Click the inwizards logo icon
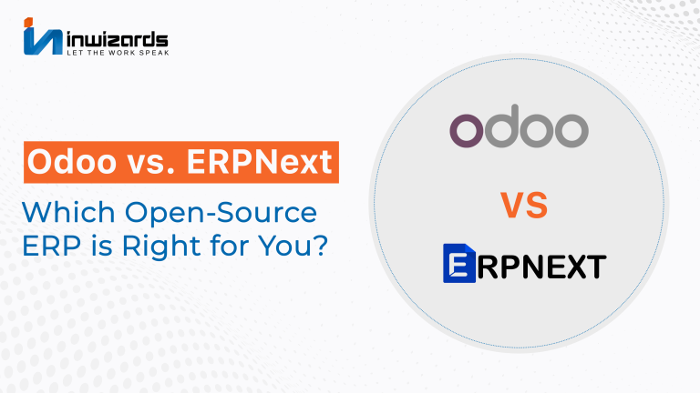click(x=43, y=36)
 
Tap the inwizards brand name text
click(x=118, y=39)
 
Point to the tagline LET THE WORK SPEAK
click(x=118, y=53)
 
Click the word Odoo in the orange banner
click(x=72, y=161)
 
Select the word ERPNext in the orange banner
click(x=260, y=161)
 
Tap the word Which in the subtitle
click(x=68, y=212)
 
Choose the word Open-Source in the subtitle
click(x=221, y=214)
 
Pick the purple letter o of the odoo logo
click(x=466, y=131)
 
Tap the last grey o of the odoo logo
click(x=571, y=131)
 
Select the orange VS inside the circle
click(x=524, y=205)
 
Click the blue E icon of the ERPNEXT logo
click(x=459, y=263)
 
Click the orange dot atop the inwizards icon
click(x=28, y=22)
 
